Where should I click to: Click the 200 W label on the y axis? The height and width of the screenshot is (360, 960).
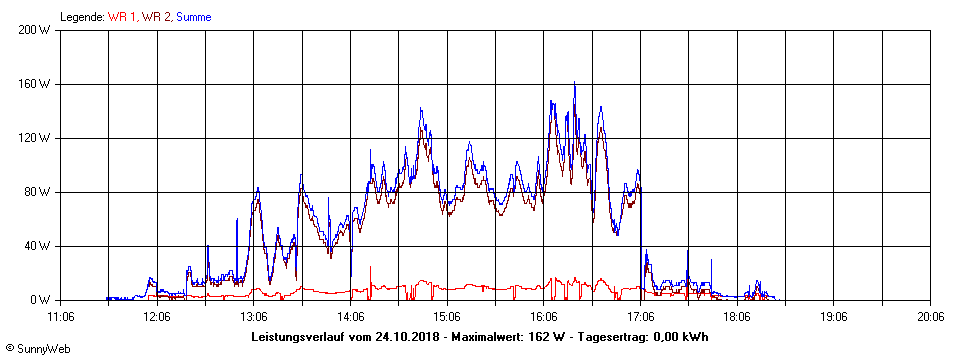(x=34, y=30)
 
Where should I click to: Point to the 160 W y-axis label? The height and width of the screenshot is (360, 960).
(x=34, y=84)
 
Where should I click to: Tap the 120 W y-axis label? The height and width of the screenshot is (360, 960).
(x=34, y=138)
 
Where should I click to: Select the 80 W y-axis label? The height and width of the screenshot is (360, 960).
(x=37, y=192)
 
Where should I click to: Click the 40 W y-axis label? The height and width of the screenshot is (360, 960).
(x=37, y=246)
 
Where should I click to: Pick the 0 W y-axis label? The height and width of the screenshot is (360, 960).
(x=41, y=300)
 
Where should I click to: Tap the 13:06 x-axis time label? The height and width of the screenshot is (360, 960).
(x=254, y=317)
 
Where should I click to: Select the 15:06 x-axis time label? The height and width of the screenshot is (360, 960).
(x=447, y=317)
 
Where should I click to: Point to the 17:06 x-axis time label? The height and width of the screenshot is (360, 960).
(x=641, y=317)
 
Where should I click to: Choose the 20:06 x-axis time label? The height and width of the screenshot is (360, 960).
(x=931, y=317)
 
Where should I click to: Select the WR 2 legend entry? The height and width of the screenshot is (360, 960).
(x=157, y=17)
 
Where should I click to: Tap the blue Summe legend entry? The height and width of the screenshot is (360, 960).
(x=193, y=17)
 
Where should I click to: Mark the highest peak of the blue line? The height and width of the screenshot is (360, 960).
(x=574, y=83)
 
